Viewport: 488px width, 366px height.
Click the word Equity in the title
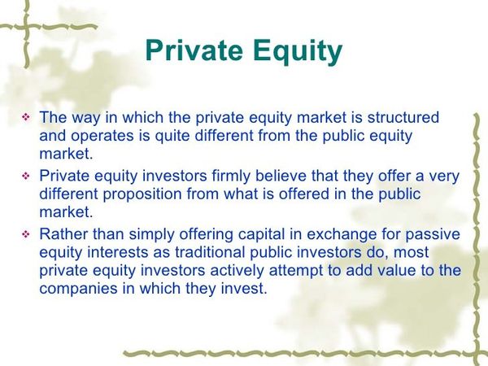click(298, 51)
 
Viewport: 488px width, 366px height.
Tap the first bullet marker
click(24, 119)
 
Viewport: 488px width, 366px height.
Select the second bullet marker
click(24, 175)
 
